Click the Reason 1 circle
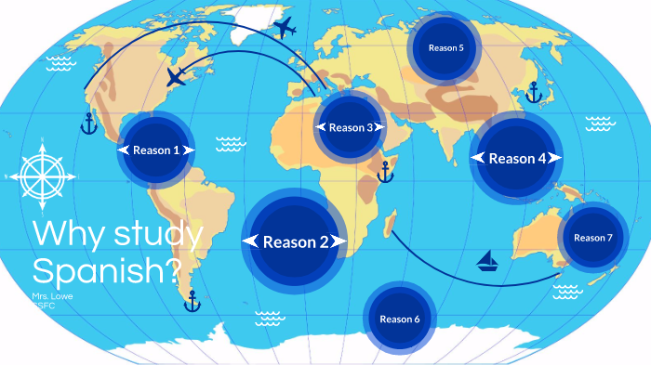click(155, 150)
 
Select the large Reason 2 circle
click(295, 241)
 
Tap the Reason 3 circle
click(350, 127)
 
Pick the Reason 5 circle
click(445, 48)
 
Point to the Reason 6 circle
click(400, 319)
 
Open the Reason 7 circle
click(592, 238)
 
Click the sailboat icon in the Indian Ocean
click(488, 261)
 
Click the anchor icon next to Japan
click(534, 92)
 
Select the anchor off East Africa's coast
click(384, 171)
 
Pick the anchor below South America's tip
click(193, 301)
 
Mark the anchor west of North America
click(88, 124)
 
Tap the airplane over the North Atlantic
click(176, 76)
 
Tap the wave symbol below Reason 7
click(566, 292)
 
